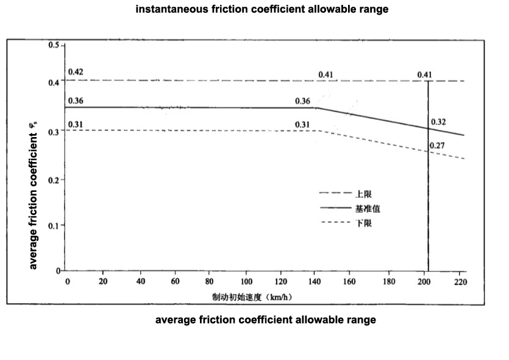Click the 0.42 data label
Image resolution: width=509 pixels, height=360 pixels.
click(76, 72)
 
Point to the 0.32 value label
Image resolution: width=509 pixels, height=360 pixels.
click(438, 122)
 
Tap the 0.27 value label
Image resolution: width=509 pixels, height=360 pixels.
click(436, 146)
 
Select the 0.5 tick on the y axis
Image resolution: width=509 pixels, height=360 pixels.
click(54, 46)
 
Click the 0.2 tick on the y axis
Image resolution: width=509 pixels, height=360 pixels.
click(54, 180)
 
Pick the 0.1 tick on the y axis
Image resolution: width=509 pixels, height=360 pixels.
click(54, 225)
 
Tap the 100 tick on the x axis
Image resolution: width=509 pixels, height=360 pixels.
click(246, 281)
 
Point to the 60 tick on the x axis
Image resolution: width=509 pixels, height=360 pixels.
click(176, 281)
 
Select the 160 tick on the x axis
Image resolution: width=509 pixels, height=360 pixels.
click(350, 281)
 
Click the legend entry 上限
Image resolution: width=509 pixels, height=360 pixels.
click(363, 194)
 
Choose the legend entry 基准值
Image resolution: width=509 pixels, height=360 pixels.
click(368, 209)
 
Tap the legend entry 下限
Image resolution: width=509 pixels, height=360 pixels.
click(363, 224)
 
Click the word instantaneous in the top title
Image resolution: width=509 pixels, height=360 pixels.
click(172, 10)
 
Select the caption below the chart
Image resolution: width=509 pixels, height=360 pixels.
click(266, 320)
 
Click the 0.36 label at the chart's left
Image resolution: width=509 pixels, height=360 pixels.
click(76, 101)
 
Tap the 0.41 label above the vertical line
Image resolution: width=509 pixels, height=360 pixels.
click(425, 75)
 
